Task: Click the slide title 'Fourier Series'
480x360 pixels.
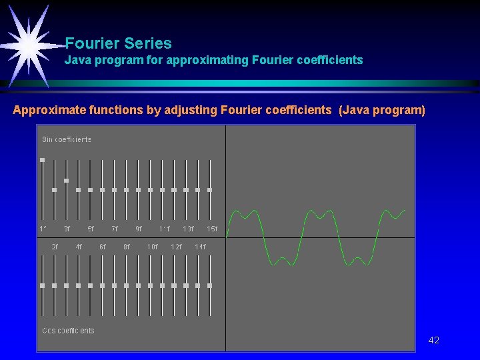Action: pyautogui.click(x=119, y=44)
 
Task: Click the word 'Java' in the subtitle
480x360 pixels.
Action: pyautogui.click(x=77, y=60)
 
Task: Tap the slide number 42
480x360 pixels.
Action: pyautogui.click(x=433, y=340)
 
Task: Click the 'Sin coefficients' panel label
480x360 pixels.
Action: pyautogui.click(x=67, y=139)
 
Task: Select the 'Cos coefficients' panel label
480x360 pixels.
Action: pyautogui.click(x=68, y=331)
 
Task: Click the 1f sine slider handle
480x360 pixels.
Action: pyautogui.click(x=43, y=160)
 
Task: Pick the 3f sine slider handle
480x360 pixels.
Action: pyautogui.click(x=66, y=180)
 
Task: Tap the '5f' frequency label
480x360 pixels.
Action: pyautogui.click(x=91, y=229)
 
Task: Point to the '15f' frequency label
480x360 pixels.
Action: pyautogui.click(x=212, y=229)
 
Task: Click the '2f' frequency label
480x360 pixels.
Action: pyautogui.click(x=55, y=247)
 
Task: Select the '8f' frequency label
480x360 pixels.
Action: pyautogui.click(x=127, y=247)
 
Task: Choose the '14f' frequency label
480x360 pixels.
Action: pyautogui.click(x=200, y=247)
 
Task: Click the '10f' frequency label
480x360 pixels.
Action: pyautogui.click(x=153, y=247)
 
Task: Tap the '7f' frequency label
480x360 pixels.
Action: pyautogui.click(x=115, y=229)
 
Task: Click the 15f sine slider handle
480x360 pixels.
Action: pyautogui.click(x=209, y=190)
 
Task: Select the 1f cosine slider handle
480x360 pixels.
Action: pyautogui.click(x=43, y=285)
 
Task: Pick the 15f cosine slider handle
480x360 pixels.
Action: pyautogui.click(x=209, y=285)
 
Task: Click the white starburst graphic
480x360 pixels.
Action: pyautogui.click(x=28, y=44)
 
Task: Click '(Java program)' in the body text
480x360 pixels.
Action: pyautogui.click(x=381, y=110)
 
